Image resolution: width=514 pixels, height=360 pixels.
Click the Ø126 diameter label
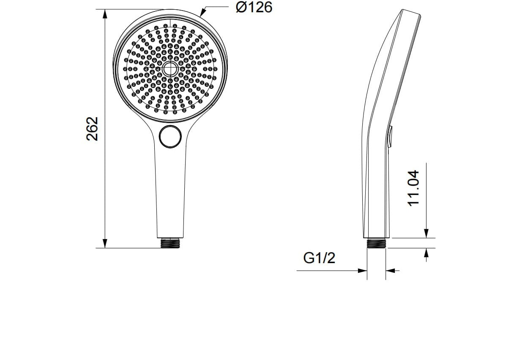click(254, 7)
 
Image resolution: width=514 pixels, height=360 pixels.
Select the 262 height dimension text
click(92, 129)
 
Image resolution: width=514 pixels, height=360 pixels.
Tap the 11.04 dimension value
click(413, 188)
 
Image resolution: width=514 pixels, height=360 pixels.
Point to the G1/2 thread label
click(319, 258)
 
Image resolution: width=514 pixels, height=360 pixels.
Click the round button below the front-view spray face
click(170, 137)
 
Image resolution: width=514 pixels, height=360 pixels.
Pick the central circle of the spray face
click(170, 69)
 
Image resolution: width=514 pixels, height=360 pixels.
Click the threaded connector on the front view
click(170, 243)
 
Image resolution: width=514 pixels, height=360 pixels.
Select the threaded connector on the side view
click(376, 243)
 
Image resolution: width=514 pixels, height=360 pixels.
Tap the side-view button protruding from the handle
click(389, 136)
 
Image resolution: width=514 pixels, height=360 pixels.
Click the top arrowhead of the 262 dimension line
click(105, 14)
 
